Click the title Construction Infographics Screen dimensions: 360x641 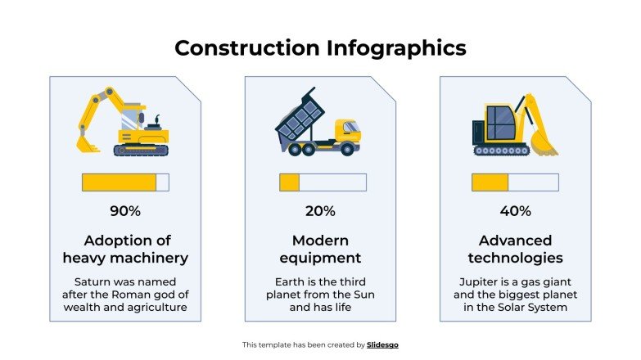click(x=320, y=47)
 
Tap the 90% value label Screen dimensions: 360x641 click(x=125, y=211)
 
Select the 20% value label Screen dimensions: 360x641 click(x=320, y=211)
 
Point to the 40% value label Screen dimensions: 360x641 click(x=515, y=211)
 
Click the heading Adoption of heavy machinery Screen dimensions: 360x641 click(x=125, y=249)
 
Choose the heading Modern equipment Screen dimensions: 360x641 click(x=320, y=249)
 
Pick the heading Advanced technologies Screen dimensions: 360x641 click(x=515, y=249)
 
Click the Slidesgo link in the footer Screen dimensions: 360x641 click(x=382, y=345)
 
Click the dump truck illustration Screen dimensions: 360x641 click(x=318, y=124)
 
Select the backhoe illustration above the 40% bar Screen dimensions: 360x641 click(x=513, y=125)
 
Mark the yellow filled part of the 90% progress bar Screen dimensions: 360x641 click(x=119, y=182)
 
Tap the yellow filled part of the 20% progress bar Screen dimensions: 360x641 click(x=289, y=182)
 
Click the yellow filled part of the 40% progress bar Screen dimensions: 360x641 click(x=490, y=182)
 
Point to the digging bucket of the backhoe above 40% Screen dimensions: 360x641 click(x=543, y=144)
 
